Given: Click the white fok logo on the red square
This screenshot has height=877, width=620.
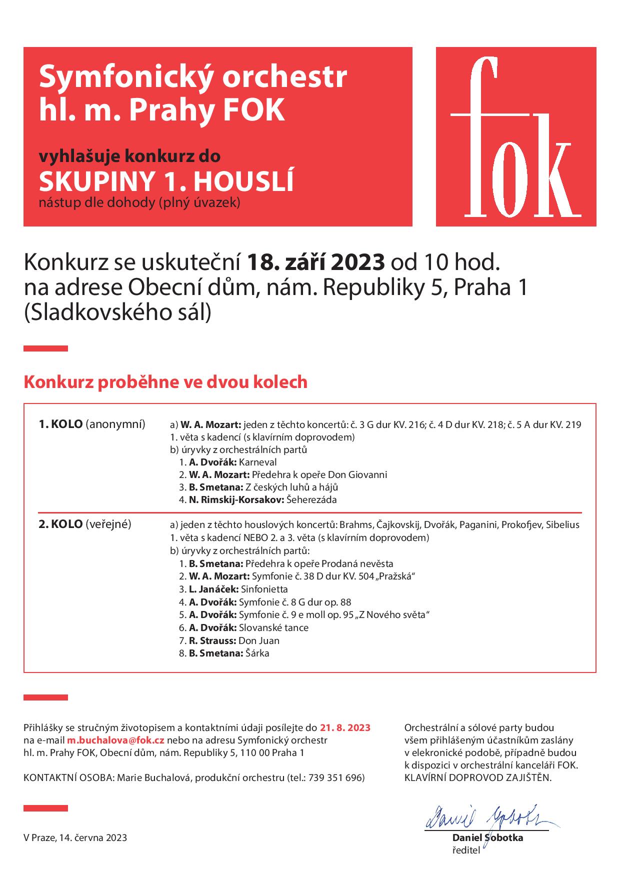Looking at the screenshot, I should [x=515, y=137].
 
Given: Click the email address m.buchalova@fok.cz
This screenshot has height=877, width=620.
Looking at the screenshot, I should [x=116, y=740].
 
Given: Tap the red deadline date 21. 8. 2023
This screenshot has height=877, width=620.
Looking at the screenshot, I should [x=345, y=727].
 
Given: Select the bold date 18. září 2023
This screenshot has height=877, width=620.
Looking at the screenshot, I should [x=316, y=261].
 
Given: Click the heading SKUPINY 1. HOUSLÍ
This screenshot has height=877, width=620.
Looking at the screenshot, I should [x=166, y=182].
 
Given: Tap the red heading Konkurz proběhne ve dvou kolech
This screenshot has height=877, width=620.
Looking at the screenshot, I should [x=165, y=382].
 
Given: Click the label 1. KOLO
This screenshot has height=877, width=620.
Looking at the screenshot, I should [x=60, y=424].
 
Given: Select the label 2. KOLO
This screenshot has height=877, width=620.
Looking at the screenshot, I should [x=60, y=524].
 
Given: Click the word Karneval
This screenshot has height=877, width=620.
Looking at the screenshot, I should [x=257, y=462].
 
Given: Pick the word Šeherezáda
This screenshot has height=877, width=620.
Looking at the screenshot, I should [x=311, y=499].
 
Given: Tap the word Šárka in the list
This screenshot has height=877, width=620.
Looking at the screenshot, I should [x=257, y=653].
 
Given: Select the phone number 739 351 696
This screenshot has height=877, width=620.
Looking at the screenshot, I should [x=335, y=777].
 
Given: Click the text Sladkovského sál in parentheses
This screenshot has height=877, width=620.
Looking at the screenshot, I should [x=118, y=312].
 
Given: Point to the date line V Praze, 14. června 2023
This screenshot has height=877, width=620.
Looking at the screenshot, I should [x=75, y=837].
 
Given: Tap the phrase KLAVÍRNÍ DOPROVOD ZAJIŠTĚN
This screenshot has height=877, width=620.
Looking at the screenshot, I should [x=478, y=777].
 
